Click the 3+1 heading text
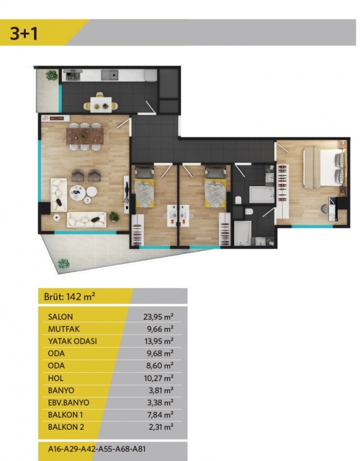(x=24, y=33)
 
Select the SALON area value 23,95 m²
(x=158, y=317)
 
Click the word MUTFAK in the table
(x=64, y=329)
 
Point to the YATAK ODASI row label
(x=72, y=342)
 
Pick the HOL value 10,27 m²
(x=158, y=378)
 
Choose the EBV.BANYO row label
(x=68, y=403)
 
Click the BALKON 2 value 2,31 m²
(x=161, y=427)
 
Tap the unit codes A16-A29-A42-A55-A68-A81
(x=97, y=449)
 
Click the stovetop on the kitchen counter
(x=73, y=76)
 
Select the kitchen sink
(x=110, y=75)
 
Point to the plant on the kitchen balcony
(x=52, y=76)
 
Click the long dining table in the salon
(x=85, y=136)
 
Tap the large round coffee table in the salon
(x=78, y=193)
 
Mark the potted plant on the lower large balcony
(x=64, y=264)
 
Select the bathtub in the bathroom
(x=262, y=194)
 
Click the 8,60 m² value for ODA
(x=160, y=366)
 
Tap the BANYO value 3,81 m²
(x=161, y=390)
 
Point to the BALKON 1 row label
(x=65, y=415)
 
